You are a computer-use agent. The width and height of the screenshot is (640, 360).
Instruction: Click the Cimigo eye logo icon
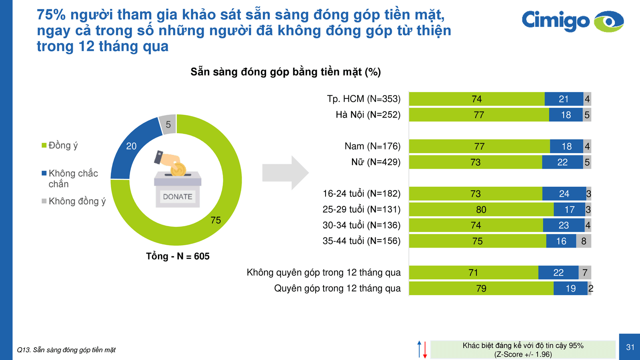(x=609, y=21)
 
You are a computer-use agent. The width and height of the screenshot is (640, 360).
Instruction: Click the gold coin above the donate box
(x=178, y=170)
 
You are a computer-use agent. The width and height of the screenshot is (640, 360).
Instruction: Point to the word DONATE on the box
(x=178, y=196)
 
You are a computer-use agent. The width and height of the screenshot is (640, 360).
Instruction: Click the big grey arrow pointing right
(x=285, y=173)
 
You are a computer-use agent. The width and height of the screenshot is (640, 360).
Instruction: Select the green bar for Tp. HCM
(x=476, y=99)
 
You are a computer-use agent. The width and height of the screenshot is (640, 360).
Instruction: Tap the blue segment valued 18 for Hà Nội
(x=566, y=115)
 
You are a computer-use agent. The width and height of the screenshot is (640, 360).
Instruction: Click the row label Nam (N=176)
(x=372, y=146)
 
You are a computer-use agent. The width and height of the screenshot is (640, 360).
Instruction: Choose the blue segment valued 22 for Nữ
(x=562, y=162)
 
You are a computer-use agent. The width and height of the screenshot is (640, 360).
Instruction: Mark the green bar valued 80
(x=481, y=210)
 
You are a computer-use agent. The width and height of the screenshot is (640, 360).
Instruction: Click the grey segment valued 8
(x=584, y=241)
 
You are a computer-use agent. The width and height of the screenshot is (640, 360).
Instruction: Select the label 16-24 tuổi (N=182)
(x=361, y=194)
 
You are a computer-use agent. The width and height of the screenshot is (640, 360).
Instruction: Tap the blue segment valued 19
(x=570, y=288)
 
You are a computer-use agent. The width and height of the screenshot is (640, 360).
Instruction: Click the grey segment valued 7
(x=584, y=273)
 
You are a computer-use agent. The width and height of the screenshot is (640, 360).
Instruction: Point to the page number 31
(x=630, y=347)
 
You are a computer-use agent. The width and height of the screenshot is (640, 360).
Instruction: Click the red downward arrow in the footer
(x=425, y=350)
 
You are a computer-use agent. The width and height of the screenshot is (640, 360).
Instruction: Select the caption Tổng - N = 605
(x=178, y=256)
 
